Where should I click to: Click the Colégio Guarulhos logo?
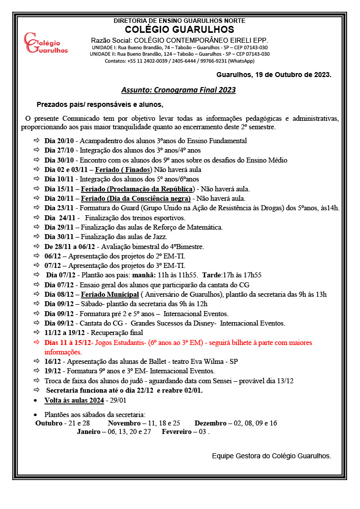pos(46,44)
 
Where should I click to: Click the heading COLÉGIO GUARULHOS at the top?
pos(180,30)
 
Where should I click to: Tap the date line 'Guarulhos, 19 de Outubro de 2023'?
pos(273,75)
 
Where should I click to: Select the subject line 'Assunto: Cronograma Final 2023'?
pos(179,90)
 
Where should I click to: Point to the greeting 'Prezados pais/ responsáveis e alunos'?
pos(100,105)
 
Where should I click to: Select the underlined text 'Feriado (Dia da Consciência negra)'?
pos(136,198)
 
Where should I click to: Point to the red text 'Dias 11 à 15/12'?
pos(67,342)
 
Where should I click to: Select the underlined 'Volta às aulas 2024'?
pos(74,400)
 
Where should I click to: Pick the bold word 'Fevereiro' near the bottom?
pos(177,432)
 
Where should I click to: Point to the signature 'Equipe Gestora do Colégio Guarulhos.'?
pos(271,455)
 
